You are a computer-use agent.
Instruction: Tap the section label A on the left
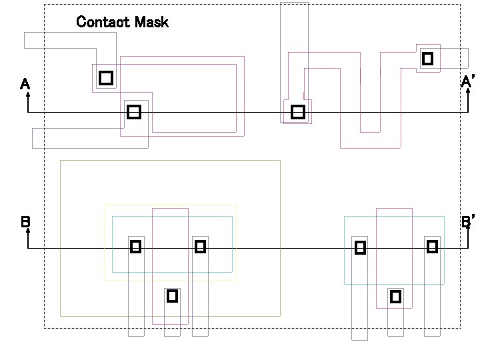pos(25,84)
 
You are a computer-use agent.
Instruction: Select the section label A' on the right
pos(467,82)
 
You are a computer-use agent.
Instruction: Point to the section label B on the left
pos(25,222)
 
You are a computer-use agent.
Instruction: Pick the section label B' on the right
pos(468,221)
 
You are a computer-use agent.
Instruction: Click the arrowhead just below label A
pos(28,95)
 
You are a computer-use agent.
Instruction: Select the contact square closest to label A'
pos(428,59)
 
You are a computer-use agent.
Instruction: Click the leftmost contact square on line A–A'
pos(134,112)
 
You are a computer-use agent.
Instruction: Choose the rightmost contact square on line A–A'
pos(298,112)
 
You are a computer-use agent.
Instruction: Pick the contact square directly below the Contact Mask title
pos(105,78)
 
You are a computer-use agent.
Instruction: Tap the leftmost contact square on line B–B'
pos(135,247)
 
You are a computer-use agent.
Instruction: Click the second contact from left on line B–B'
pos(200,247)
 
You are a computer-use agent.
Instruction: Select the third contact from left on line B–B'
pos(360,248)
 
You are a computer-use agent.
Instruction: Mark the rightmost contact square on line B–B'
pos(432,247)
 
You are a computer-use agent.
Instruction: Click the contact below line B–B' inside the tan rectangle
pos(172,295)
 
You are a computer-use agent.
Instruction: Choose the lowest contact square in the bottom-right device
pos(395,296)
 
